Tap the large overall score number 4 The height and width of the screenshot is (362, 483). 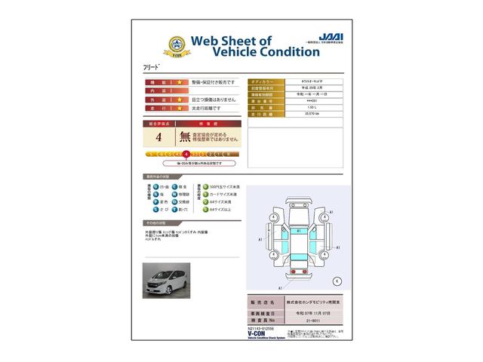tap(158, 137)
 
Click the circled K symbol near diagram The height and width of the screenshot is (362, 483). tap(337, 281)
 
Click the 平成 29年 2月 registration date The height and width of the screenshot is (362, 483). tap(291, 87)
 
